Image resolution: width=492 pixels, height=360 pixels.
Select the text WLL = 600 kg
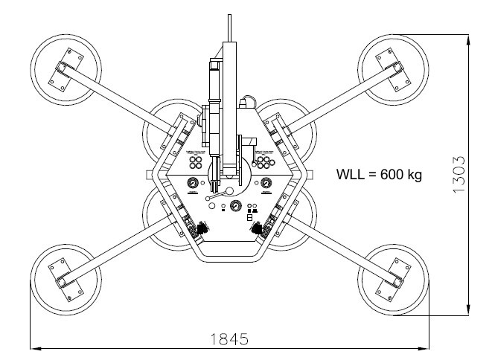pos(380,176)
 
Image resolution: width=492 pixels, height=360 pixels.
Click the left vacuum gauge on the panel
pos(193,183)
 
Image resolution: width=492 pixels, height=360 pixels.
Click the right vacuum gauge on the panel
pos(266,183)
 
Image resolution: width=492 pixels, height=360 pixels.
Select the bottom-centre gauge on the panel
pos(235,207)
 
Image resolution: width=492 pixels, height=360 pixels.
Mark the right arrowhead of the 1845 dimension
pos(427,347)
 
